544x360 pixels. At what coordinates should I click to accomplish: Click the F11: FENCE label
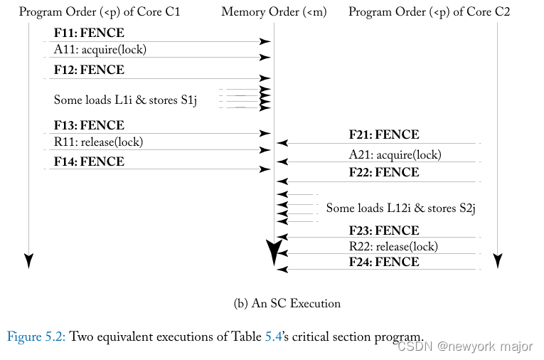pos(89,33)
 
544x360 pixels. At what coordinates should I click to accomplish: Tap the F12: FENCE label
pos(89,70)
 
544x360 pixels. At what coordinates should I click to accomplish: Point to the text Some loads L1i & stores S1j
pos(125,100)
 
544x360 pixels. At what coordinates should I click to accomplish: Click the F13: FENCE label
pos(89,125)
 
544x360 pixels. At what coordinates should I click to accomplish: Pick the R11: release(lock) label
pos(98,142)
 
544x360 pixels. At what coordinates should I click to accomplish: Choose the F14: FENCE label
pos(89,162)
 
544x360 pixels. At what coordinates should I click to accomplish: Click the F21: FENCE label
pos(384,134)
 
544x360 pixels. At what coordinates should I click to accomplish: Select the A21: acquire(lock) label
pos(395,154)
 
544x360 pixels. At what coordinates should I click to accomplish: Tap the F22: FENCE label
pos(384,172)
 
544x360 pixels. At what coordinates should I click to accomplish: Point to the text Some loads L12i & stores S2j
pos(400,208)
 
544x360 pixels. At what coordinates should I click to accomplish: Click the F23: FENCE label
pos(384,231)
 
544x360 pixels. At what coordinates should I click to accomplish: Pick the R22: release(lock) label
pos(393,246)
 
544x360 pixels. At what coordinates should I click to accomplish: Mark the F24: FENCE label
pos(384,262)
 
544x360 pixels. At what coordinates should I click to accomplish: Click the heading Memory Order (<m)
pos(274,12)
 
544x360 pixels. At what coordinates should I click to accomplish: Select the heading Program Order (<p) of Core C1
pos(105,12)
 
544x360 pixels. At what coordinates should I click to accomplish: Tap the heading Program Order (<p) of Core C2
pos(429,12)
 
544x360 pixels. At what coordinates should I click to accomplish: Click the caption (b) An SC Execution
pos(287,303)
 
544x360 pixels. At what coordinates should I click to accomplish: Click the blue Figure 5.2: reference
pos(36,336)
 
